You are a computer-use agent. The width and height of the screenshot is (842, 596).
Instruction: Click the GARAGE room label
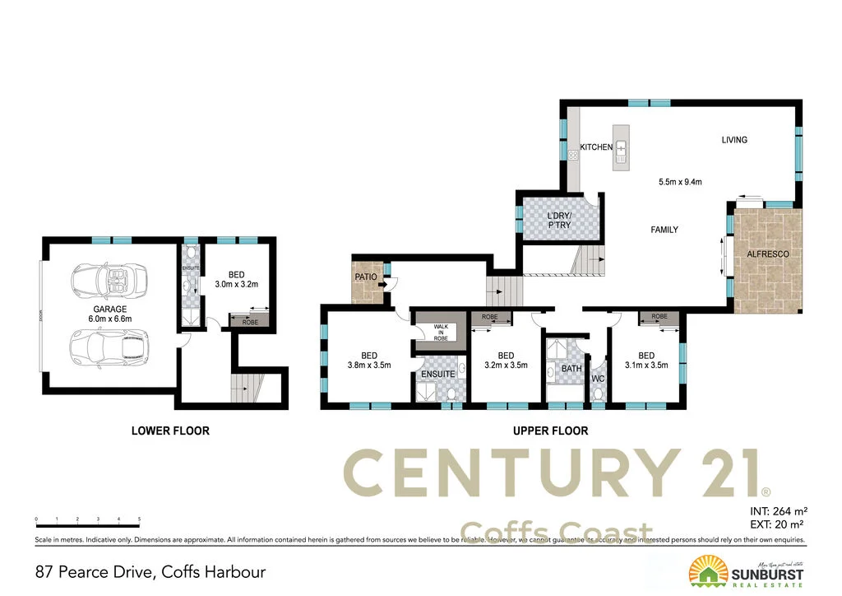[109, 310]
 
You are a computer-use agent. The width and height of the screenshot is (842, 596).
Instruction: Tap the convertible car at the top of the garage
[109, 280]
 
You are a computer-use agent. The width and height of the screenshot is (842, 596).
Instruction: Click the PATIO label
[365, 277]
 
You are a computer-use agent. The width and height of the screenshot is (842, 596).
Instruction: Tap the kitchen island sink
[622, 149]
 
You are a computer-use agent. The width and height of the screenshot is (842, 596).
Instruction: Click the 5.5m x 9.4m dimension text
[680, 182]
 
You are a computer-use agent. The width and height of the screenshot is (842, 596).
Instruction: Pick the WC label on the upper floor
[598, 379]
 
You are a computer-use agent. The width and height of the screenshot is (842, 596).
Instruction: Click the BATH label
[571, 369]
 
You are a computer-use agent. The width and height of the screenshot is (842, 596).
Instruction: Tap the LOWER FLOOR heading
[170, 431]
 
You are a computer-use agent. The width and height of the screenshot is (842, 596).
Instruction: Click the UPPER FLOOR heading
[550, 431]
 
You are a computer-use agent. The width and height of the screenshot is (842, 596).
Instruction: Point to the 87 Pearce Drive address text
[150, 571]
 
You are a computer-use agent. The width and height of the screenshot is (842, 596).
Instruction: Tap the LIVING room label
[734, 140]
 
